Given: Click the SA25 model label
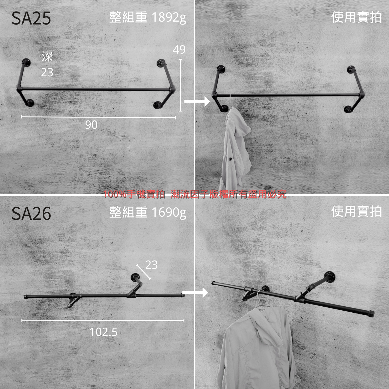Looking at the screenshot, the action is tap(31, 18).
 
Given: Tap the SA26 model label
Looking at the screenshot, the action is tap(31, 214).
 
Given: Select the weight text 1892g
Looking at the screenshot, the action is tap(169, 18).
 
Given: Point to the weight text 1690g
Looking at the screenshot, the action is tap(169, 213).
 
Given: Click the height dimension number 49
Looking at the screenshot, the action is tap(179, 50).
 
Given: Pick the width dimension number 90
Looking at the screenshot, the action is tap(91, 125).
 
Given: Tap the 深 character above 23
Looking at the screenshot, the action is tap(47, 56).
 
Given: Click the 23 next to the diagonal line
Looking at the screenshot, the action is tap(151, 265).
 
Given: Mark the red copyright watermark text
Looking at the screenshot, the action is tap(194, 194).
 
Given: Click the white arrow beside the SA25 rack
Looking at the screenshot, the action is tap(197, 101).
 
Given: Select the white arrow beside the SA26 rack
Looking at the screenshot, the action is tap(195, 293).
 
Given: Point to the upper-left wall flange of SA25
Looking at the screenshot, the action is tap(26, 62).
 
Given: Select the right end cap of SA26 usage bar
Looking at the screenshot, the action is tap(371, 314).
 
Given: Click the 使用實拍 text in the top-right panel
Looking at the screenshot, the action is tap(356, 17).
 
